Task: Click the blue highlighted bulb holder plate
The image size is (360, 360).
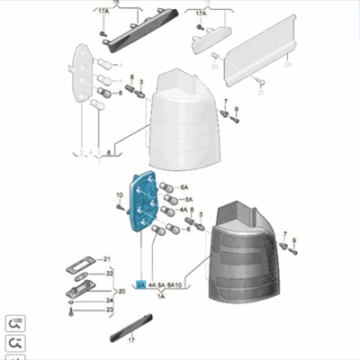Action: pos(142,206)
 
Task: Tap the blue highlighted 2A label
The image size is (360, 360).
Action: pos(140,283)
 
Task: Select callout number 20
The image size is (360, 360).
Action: pos(121,292)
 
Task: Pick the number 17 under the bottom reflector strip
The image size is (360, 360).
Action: pos(131,341)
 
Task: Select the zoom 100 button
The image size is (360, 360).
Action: pos(15,322)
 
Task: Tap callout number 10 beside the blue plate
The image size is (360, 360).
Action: pos(119,195)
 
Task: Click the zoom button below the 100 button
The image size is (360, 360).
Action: pos(15,343)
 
